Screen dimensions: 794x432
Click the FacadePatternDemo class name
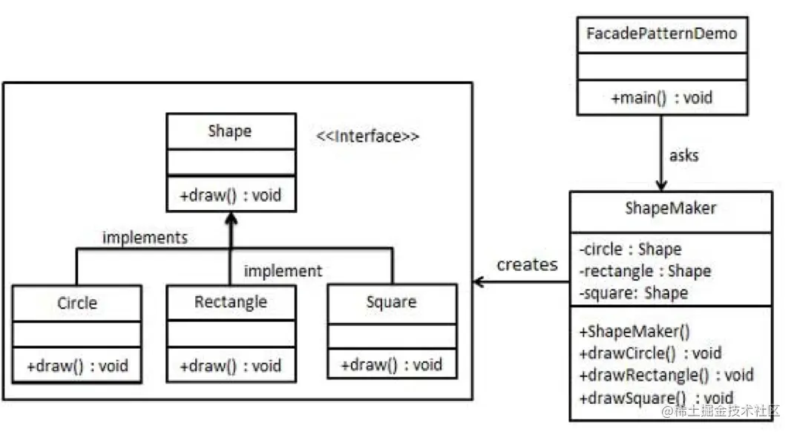tap(661, 34)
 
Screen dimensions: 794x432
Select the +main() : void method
tap(661, 97)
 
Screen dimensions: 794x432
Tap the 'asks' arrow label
tap(683, 155)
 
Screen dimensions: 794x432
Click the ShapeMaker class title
tap(670, 208)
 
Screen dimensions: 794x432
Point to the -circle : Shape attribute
tap(631, 249)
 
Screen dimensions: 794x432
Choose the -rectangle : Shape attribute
tap(645, 271)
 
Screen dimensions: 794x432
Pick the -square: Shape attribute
tap(634, 292)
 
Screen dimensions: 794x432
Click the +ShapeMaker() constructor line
tap(634, 331)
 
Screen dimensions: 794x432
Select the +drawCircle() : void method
tap(650, 353)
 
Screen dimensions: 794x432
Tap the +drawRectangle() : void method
tap(666, 376)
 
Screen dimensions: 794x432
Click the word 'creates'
tap(527, 264)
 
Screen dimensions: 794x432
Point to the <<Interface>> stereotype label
tap(367, 137)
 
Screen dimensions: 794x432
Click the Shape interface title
tap(230, 131)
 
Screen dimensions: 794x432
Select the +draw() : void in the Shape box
tap(230, 195)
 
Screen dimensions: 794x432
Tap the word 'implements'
tap(145, 238)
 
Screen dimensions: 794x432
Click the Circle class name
tap(77, 303)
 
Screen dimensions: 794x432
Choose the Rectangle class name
tap(230, 302)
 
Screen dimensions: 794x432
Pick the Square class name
tap(391, 302)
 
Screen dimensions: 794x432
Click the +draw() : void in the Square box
tap(391, 364)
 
